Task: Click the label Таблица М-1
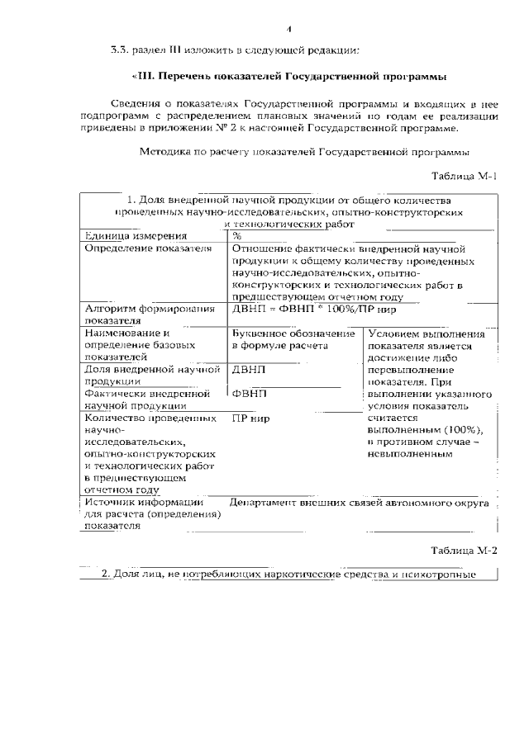[x=465, y=177]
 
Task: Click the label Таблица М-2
[x=465, y=550]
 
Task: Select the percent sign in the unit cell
[x=237, y=236]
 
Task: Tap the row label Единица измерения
[x=124, y=236]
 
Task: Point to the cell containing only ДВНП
[x=250, y=370]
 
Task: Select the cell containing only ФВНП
[x=250, y=394]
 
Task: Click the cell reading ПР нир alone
[x=251, y=418]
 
